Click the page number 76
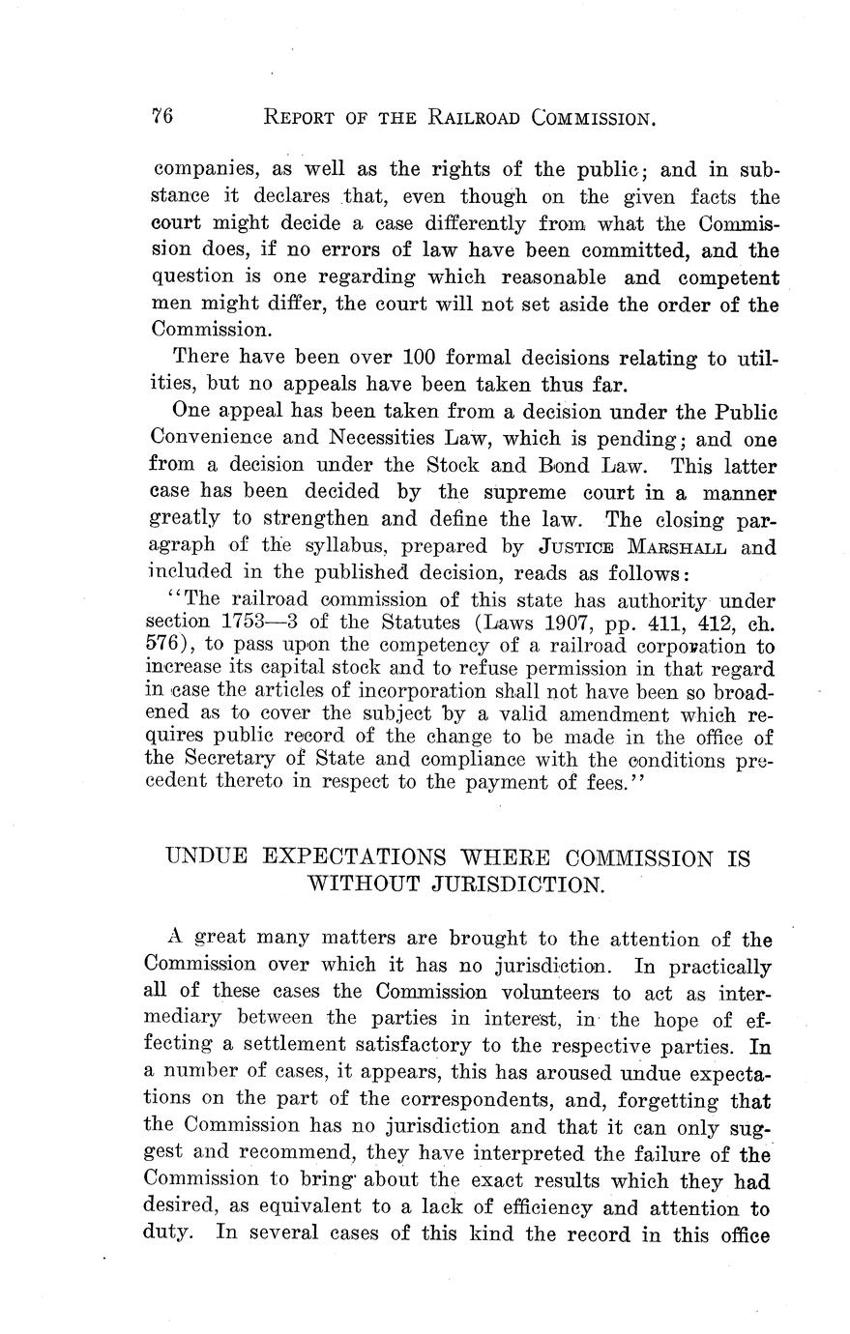point(161,117)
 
